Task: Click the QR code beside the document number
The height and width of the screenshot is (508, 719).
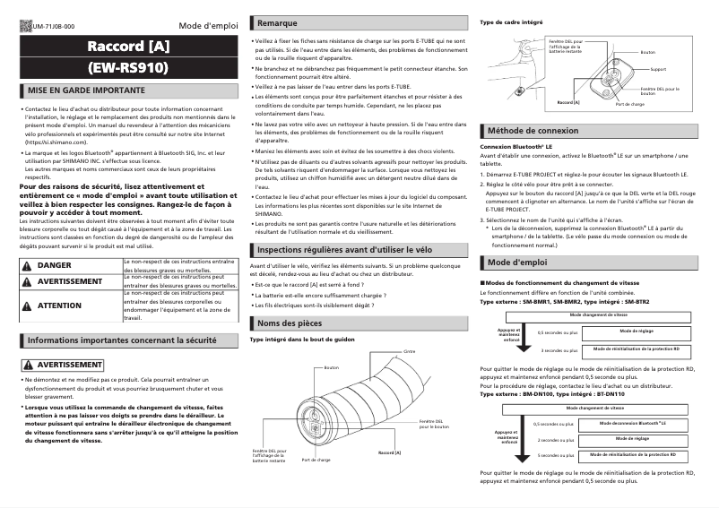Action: (24, 28)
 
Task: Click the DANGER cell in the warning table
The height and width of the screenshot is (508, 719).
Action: (55, 266)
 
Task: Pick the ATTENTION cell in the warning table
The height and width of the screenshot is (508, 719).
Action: (59, 306)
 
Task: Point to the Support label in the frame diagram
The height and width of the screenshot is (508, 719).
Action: (658, 68)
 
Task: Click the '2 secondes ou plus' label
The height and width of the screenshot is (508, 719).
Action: (555, 440)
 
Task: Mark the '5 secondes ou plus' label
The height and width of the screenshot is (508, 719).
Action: (555, 455)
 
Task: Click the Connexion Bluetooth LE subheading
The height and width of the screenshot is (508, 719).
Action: (515, 146)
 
